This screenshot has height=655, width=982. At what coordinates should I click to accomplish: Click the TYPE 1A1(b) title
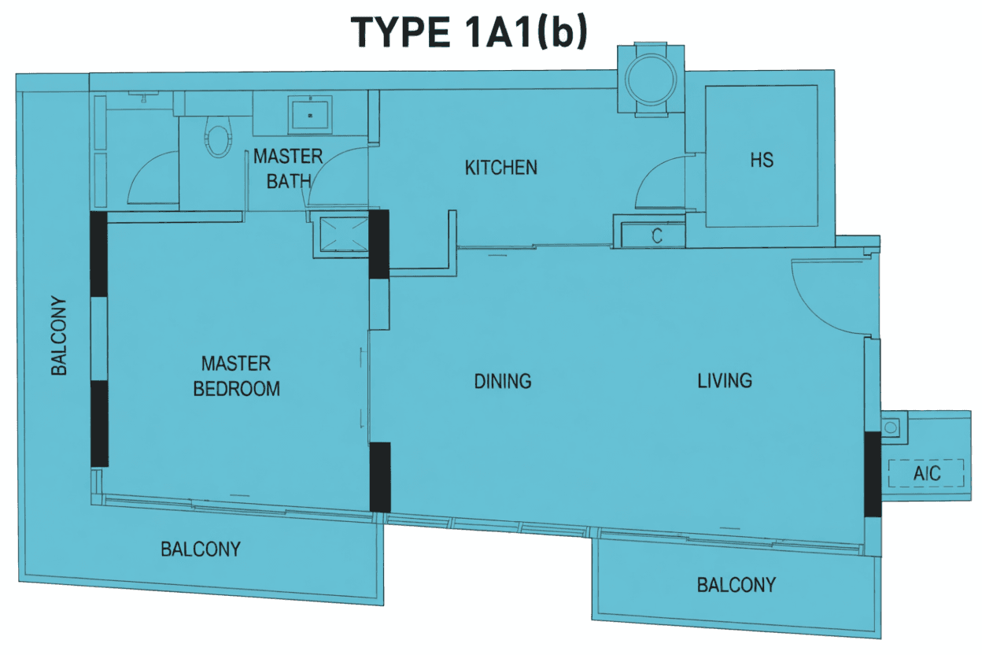point(469,32)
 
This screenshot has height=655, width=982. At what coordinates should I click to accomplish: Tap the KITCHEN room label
point(501,168)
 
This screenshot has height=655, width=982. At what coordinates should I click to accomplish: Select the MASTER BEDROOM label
point(236,376)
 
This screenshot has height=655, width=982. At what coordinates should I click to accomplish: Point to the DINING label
point(503,381)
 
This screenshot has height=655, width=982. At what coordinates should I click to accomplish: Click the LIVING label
point(725,380)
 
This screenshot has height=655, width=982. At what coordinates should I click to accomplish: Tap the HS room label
point(762,160)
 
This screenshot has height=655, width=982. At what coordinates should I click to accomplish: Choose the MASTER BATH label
point(288,169)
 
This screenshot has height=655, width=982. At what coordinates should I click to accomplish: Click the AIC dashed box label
point(927,473)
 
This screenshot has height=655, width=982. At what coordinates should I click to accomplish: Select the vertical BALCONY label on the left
point(59,336)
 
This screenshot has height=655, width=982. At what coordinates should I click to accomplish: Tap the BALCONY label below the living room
point(736,585)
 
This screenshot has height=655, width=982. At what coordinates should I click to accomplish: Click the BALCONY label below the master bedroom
point(201,549)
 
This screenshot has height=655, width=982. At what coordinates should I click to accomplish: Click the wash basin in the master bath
point(310,115)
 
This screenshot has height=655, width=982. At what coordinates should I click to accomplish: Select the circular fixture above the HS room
point(651,80)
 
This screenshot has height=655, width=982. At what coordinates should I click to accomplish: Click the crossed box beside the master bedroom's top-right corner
point(344,234)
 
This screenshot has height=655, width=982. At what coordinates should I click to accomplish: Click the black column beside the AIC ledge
point(873,474)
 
